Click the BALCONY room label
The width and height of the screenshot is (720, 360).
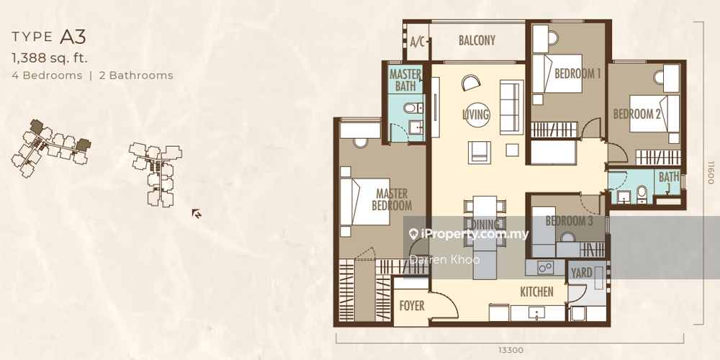pos(477,40)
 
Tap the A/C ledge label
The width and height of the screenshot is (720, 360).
pos(418,42)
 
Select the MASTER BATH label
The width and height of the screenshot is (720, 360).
pos(405,80)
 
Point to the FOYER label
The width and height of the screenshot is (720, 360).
pos(411,306)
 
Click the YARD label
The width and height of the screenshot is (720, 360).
pos(581,273)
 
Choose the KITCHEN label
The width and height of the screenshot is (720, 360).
pos(536,292)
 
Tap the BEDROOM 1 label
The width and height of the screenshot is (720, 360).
pos(577,73)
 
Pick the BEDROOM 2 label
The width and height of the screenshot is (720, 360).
pos(637,114)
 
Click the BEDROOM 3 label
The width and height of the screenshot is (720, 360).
pos(569,221)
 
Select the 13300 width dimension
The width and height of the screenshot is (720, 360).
pos(510,351)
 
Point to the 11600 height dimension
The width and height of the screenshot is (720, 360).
pos(711,172)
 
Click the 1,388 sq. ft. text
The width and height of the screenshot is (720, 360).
pos(50,58)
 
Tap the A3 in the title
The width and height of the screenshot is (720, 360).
pos(73,37)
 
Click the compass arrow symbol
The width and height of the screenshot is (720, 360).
pos(197,214)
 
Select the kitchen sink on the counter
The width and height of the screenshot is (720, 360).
pos(537,314)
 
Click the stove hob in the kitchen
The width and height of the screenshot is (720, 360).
pos(545,267)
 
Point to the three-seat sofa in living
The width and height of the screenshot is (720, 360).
pos(511,107)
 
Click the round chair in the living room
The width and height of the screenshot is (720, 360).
pos(471,83)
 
